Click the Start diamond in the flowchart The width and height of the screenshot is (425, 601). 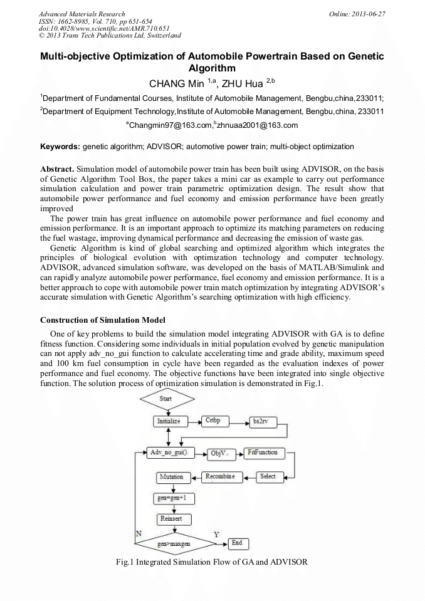click(x=165, y=399)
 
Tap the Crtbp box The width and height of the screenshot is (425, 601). click(x=214, y=421)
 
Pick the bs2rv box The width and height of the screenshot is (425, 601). click(x=259, y=421)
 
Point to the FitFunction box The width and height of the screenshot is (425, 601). click(x=262, y=452)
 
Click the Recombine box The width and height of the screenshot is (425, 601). click(x=220, y=477)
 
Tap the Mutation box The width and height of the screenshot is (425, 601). click(x=171, y=478)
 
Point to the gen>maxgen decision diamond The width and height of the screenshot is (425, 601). click(x=174, y=543)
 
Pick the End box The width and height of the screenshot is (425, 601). click(x=236, y=543)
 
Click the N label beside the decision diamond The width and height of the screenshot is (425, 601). click(x=139, y=533)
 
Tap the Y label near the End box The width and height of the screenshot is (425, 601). click(x=216, y=535)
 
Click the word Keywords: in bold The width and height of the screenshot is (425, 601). click(x=60, y=147)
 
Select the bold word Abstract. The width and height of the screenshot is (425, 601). click(x=57, y=170)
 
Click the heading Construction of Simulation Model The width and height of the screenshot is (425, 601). click(x=103, y=320)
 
